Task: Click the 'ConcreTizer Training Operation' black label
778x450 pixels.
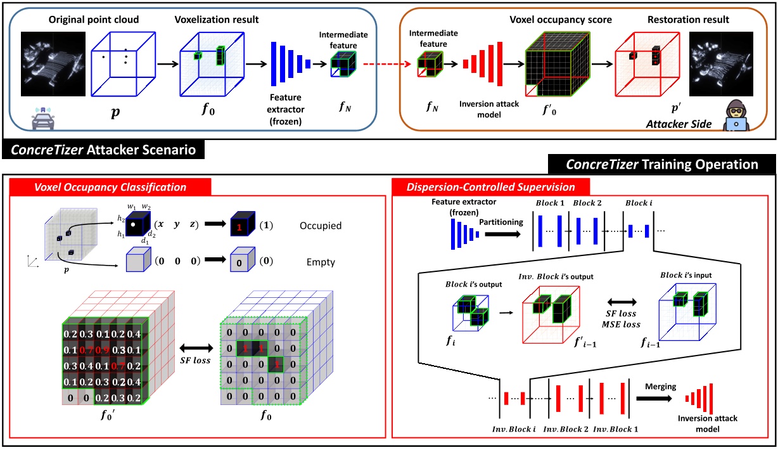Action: [661, 164]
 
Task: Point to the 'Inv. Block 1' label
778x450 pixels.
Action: [613, 429]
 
